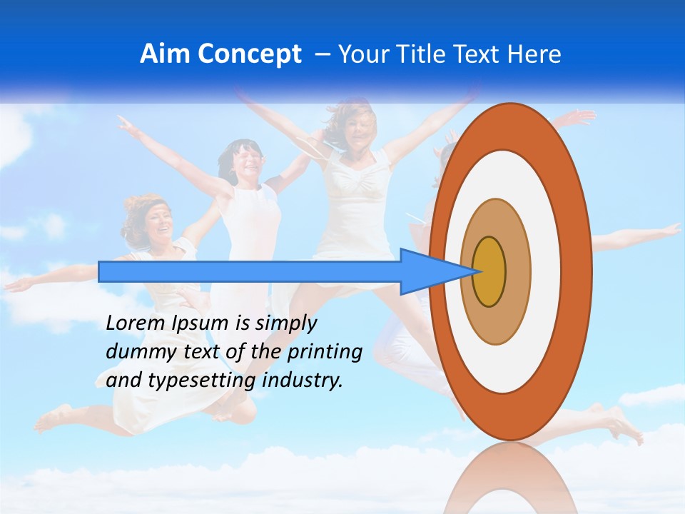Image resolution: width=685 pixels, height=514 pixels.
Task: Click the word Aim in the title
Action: coord(166,54)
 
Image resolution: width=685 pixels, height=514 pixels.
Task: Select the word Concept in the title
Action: coord(249,54)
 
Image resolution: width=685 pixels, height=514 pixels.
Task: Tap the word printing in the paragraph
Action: coord(324,352)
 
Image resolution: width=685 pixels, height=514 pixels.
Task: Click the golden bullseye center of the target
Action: coord(489,272)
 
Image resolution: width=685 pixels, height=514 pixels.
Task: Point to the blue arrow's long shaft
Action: coord(250,272)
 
